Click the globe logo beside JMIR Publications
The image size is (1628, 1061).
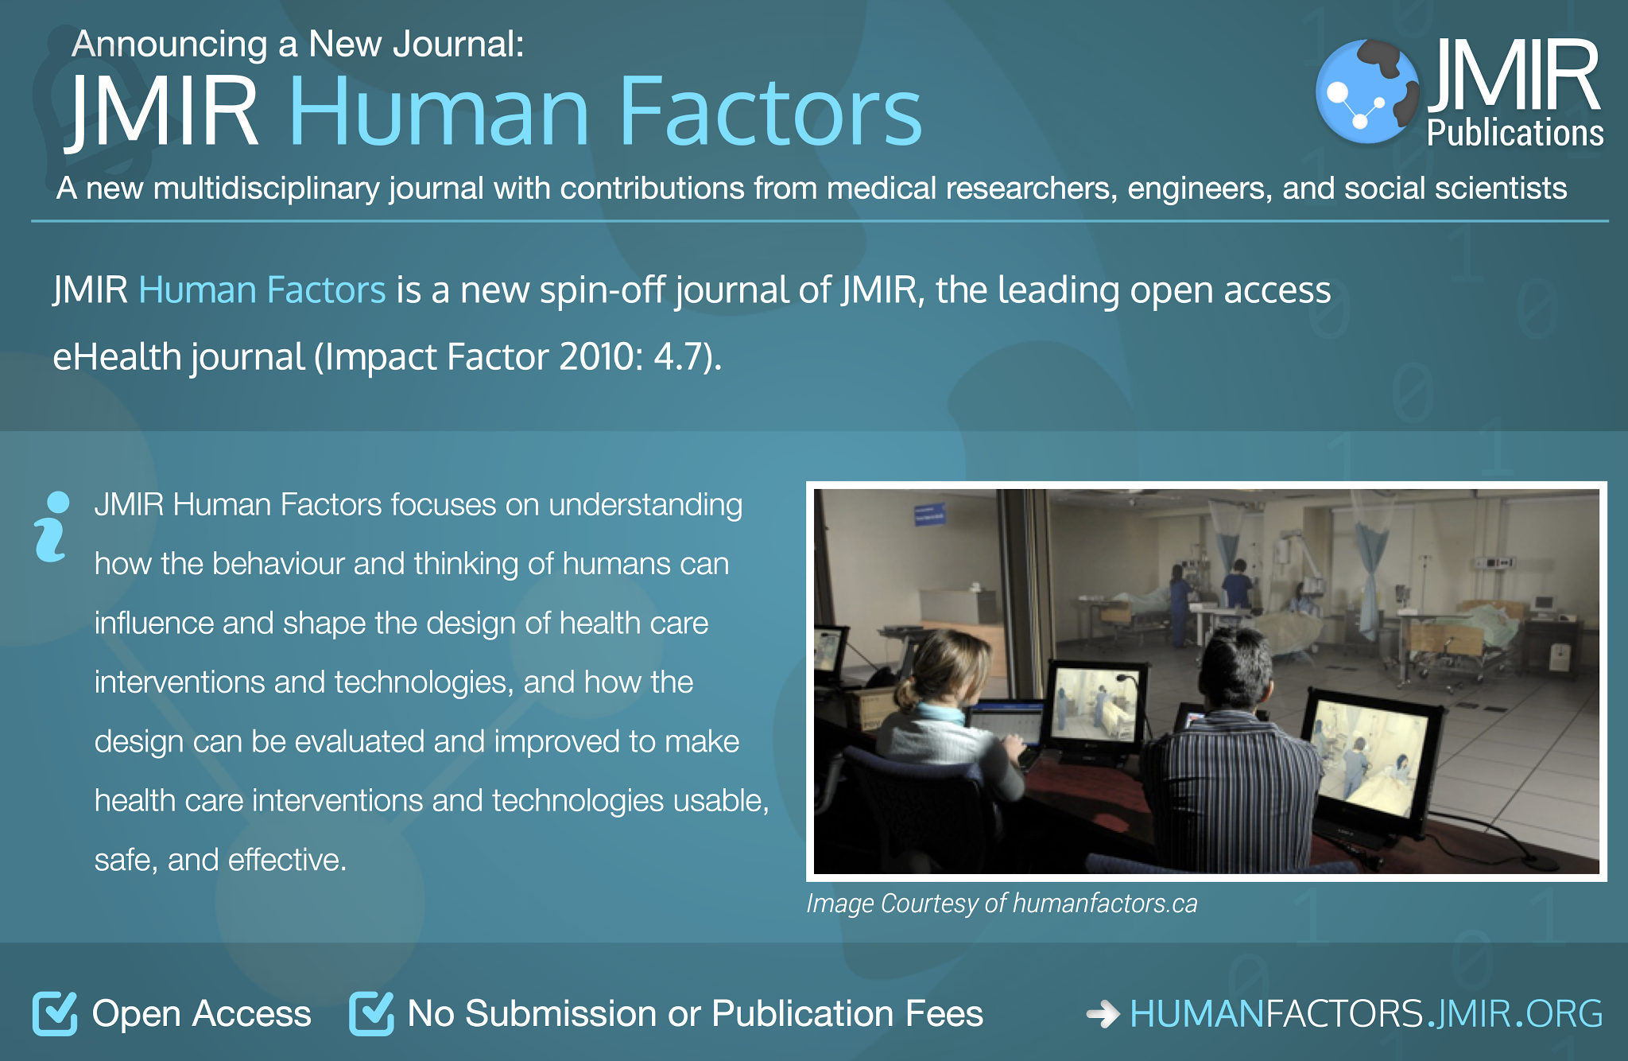click(1367, 91)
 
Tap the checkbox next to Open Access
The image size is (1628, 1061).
click(55, 1013)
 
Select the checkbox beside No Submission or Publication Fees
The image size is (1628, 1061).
click(371, 1013)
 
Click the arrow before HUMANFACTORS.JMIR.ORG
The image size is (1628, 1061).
click(1103, 1014)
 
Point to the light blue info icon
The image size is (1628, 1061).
click(52, 527)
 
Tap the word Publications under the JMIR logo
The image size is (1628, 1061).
click(1515, 133)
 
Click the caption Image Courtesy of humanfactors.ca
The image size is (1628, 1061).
click(1002, 904)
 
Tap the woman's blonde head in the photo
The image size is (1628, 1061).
click(940, 672)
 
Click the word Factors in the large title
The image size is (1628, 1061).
click(769, 111)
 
